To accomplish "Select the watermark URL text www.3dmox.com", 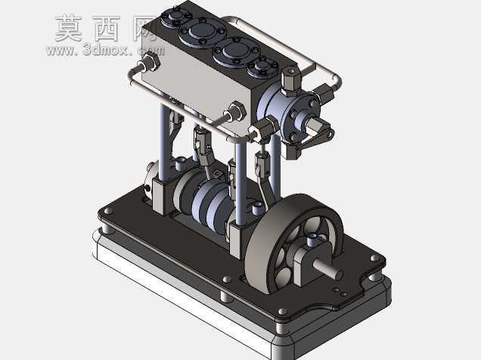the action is pyautogui.click(x=105, y=50).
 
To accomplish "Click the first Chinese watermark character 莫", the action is pyautogui.click(x=69, y=28).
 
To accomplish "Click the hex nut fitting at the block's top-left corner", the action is pyautogui.click(x=150, y=61).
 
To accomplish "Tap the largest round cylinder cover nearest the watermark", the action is pyautogui.click(x=203, y=32).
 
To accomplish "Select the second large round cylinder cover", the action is pyautogui.click(x=236, y=51).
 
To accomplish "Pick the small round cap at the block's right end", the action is pyautogui.click(x=263, y=67).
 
